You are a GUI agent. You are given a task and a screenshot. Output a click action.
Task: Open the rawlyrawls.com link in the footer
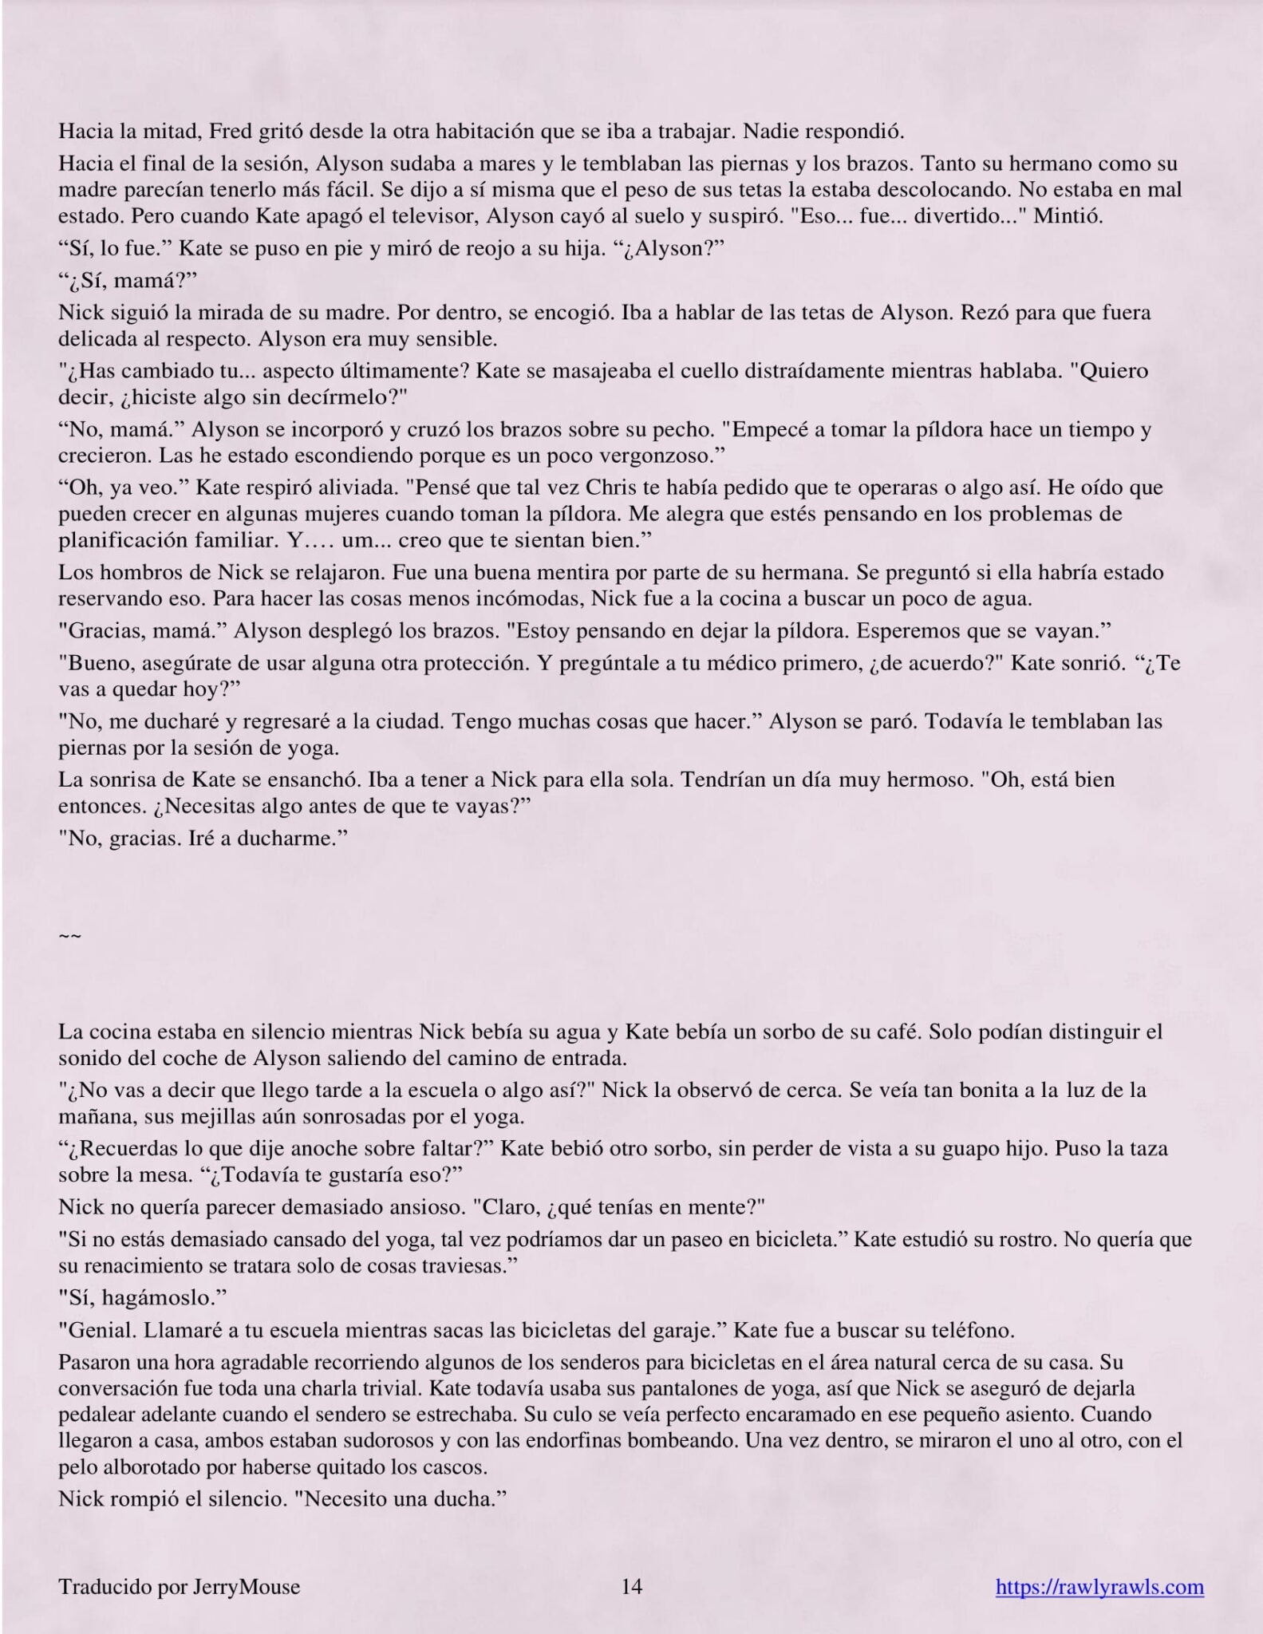point(1099,1587)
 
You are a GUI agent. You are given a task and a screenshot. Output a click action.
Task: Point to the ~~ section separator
point(69,935)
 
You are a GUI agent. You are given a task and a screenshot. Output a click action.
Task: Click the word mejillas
point(194,1115)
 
